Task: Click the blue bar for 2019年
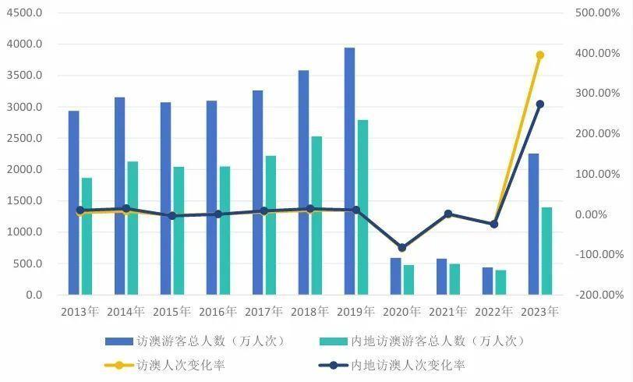click(x=349, y=172)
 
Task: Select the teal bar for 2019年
click(x=363, y=207)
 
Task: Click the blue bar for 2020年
click(x=395, y=276)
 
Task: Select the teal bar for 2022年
click(x=500, y=282)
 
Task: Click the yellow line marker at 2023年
click(x=539, y=55)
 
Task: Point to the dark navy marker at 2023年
click(x=539, y=104)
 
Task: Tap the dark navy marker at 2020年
click(x=401, y=248)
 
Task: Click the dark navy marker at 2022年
click(x=493, y=224)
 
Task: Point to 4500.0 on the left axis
click(x=24, y=13)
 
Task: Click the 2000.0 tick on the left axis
click(x=24, y=170)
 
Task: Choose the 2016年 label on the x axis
click(x=217, y=311)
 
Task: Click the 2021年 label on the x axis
click(x=447, y=311)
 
